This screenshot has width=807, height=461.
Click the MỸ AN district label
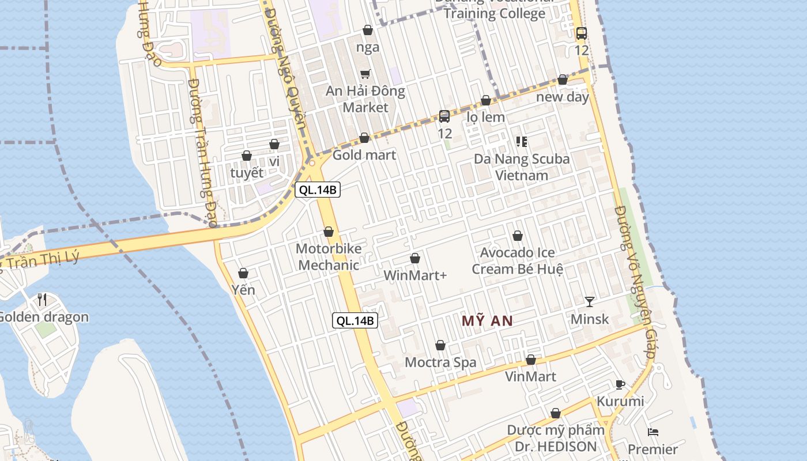coord(487,321)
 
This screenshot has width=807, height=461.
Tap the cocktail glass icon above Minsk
coord(589,301)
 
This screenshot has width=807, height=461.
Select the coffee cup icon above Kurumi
coord(620,384)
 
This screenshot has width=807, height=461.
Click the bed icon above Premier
coord(653,432)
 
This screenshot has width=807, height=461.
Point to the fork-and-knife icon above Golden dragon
coord(42,299)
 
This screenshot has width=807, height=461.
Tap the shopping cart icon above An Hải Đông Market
coord(365,74)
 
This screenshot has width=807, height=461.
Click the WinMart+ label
coord(415,275)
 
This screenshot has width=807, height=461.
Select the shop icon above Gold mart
coord(364,138)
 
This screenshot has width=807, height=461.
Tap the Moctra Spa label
coord(440,362)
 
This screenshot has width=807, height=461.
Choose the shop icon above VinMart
coord(531,360)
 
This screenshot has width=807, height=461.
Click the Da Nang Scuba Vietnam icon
coord(522,141)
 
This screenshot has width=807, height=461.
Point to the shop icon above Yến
coord(243,273)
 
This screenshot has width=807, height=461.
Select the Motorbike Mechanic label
coord(329,257)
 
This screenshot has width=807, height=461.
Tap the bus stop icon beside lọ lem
coord(444,116)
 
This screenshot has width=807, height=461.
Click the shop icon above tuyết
coord(247,156)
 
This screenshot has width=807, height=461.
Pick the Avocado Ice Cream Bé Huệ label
coord(517,261)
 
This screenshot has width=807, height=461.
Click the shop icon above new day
coord(563,80)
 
